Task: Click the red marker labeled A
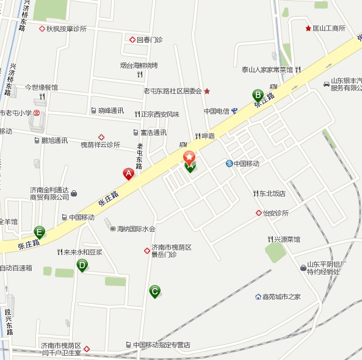click(129, 174)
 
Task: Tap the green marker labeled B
click(258, 95)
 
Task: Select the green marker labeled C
click(155, 292)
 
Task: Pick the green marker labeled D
click(82, 264)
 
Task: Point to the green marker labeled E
click(40, 232)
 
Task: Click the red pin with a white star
click(190, 157)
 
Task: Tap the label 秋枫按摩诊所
click(67, 29)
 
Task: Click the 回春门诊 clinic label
click(149, 40)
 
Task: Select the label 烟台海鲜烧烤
click(139, 65)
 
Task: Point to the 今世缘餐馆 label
click(42, 87)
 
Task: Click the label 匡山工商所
click(330, 28)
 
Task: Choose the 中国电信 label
click(217, 111)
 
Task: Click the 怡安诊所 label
click(275, 213)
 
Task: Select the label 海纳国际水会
click(137, 229)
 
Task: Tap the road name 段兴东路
click(9, 322)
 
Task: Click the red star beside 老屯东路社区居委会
click(208, 91)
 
